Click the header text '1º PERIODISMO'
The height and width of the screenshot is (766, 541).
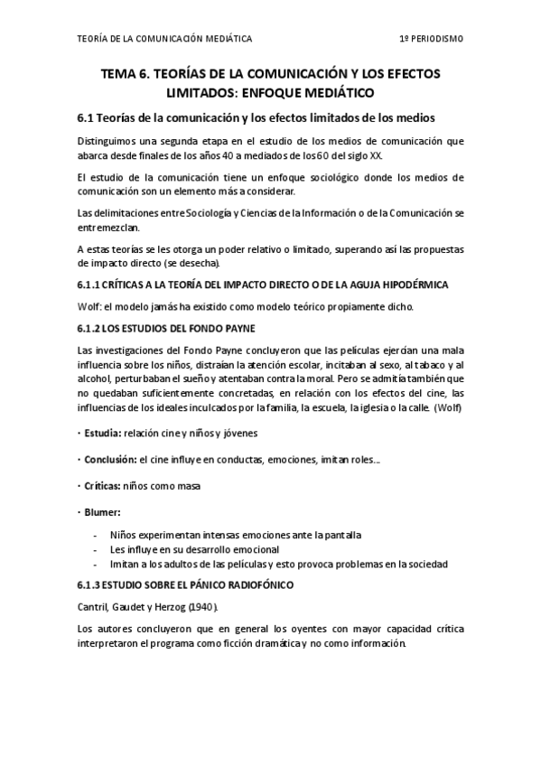click(432, 40)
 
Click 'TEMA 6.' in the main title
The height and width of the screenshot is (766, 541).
click(127, 74)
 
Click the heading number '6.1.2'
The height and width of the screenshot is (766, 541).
click(89, 328)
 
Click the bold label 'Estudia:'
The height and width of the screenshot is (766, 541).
click(102, 434)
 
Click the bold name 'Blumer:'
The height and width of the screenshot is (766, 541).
click(100, 511)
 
